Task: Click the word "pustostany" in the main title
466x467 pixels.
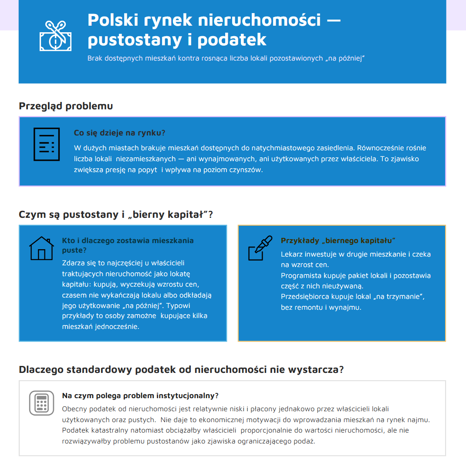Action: pyautogui.click(x=133, y=40)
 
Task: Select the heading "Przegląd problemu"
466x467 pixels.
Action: pyautogui.click(x=66, y=106)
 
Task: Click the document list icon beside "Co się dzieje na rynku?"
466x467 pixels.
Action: pyautogui.click(x=47, y=144)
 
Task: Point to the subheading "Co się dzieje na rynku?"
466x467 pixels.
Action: pyautogui.click(x=119, y=133)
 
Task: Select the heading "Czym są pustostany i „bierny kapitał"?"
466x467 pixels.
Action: pyautogui.click(x=116, y=215)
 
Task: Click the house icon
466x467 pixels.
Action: pyautogui.click(x=41, y=248)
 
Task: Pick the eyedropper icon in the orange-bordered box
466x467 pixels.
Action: pyautogui.click(x=260, y=248)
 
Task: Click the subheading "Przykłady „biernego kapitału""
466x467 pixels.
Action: pyautogui.click(x=338, y=240)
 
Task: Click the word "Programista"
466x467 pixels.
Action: pyautogui.click(x=301, y=275)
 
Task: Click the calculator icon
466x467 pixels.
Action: pyautogui.click(x=41, y=403)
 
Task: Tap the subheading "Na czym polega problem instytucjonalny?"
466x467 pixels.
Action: pyautogui.click(x=140, y=396)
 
